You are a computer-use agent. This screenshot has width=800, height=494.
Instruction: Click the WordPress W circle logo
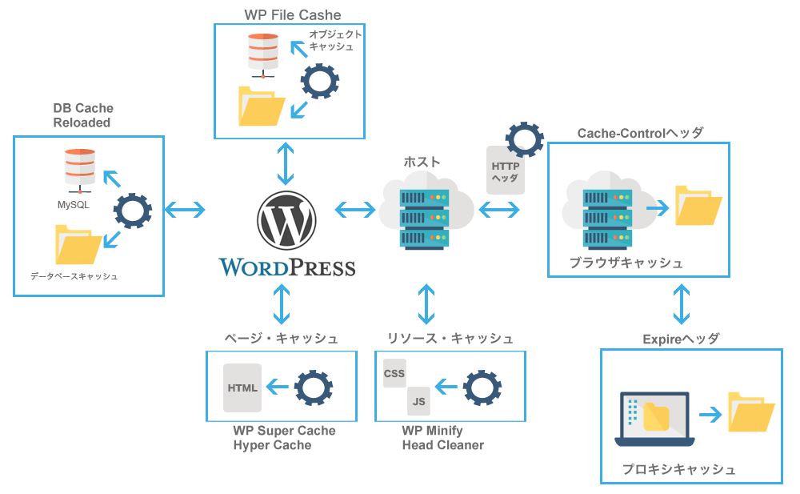[x=286, y=220]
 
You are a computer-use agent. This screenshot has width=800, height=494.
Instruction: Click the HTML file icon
[x=242, y=388]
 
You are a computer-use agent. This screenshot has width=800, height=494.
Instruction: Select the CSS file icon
[x=394, y=373]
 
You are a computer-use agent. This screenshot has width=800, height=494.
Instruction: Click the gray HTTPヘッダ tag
[x=505, y=170]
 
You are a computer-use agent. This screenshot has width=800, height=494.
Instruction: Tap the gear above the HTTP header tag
[x=524, y=139]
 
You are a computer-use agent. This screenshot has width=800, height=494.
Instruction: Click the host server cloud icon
[x=425, y=207]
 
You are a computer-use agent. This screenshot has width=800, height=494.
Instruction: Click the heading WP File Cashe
[x=292, y=15]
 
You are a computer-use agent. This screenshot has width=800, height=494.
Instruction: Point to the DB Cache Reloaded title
[x=82, y=115]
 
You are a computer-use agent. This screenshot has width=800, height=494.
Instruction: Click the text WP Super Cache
[x=284, y=431]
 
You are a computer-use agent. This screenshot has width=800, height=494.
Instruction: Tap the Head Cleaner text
[x=442, y=445]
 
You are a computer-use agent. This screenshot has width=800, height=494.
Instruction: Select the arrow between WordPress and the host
[x=355, y=211]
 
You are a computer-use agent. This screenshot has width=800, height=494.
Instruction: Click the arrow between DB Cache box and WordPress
[x=185, y=211]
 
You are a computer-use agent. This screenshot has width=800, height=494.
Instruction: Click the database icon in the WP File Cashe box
[x=262, y=54]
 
